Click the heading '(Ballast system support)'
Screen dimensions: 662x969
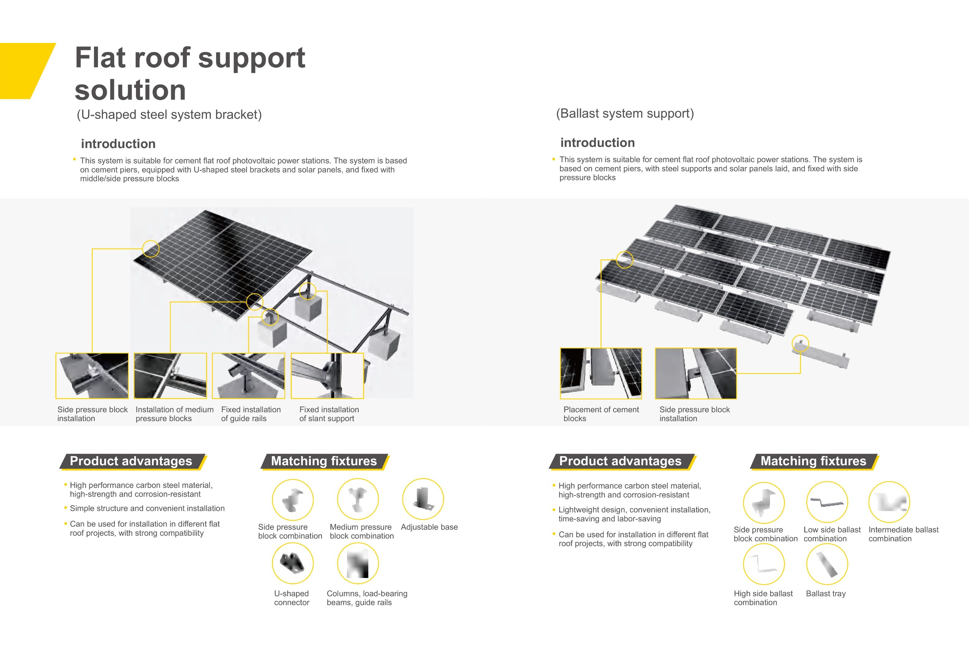[624, 113]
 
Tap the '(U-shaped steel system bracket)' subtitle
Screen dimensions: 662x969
[169, 115]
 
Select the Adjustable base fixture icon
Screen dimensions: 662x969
[422, 499]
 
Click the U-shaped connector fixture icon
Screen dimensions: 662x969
[292, 563]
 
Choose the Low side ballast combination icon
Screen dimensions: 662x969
[826, 502]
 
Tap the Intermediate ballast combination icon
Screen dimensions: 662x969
[889, 502]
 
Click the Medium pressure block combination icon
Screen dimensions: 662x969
[358, 499]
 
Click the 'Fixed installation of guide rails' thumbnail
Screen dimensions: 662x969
[248, 375]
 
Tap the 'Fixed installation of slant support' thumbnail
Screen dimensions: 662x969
[327, 375]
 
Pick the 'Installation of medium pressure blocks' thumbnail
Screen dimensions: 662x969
[170, 375]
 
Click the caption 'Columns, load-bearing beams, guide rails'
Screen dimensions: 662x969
[367, 598]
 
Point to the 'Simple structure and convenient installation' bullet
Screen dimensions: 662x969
[147, 508]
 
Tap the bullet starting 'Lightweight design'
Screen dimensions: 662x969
[634, 514]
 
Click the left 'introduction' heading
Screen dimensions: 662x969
[118, 144]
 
